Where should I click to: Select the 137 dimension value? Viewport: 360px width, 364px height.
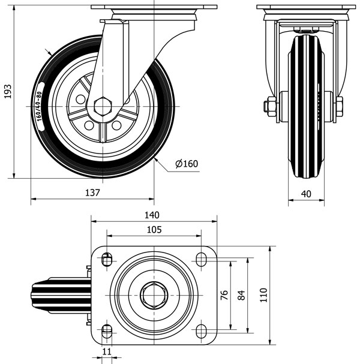coord(92,192)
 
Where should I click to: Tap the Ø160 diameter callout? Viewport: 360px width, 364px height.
coord(186,164)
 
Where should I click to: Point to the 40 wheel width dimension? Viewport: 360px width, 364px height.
coord(307,193)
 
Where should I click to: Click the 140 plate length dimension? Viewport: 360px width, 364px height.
coord(152,215)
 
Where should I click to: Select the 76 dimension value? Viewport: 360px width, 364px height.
coord(224,294)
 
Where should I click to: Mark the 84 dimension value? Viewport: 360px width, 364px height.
coord(241,294)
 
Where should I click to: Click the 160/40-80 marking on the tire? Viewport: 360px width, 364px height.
coord(40,107)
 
